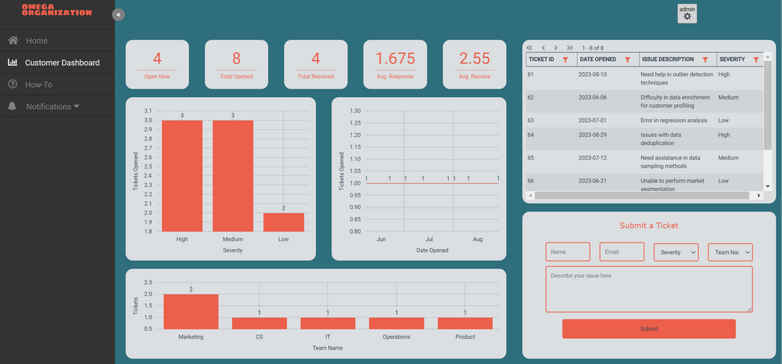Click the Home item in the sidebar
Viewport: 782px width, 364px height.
point(37,41)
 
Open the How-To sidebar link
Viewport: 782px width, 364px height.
point(38,85)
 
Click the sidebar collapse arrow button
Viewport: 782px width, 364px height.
point(118,14)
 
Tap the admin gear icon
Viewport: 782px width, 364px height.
point(687,16)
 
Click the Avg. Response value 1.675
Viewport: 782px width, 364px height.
point(395,59)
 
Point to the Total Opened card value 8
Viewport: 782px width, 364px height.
point(236,59)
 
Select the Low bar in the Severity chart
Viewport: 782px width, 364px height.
point(284,222)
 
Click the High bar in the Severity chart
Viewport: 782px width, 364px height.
point(182,175)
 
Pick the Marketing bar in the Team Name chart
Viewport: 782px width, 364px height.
point(191,311)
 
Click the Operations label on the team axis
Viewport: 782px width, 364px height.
point(396,337)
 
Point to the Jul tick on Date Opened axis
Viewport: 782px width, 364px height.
point(429,240)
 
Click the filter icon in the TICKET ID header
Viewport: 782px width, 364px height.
point(565,59)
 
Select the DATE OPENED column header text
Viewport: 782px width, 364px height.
point(598,59)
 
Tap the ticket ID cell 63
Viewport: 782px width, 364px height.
point(531,121)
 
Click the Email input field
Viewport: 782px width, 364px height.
point(622,252)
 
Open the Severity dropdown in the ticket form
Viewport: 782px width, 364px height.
point(676,252)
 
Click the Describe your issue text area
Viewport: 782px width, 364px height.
point(648,289)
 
